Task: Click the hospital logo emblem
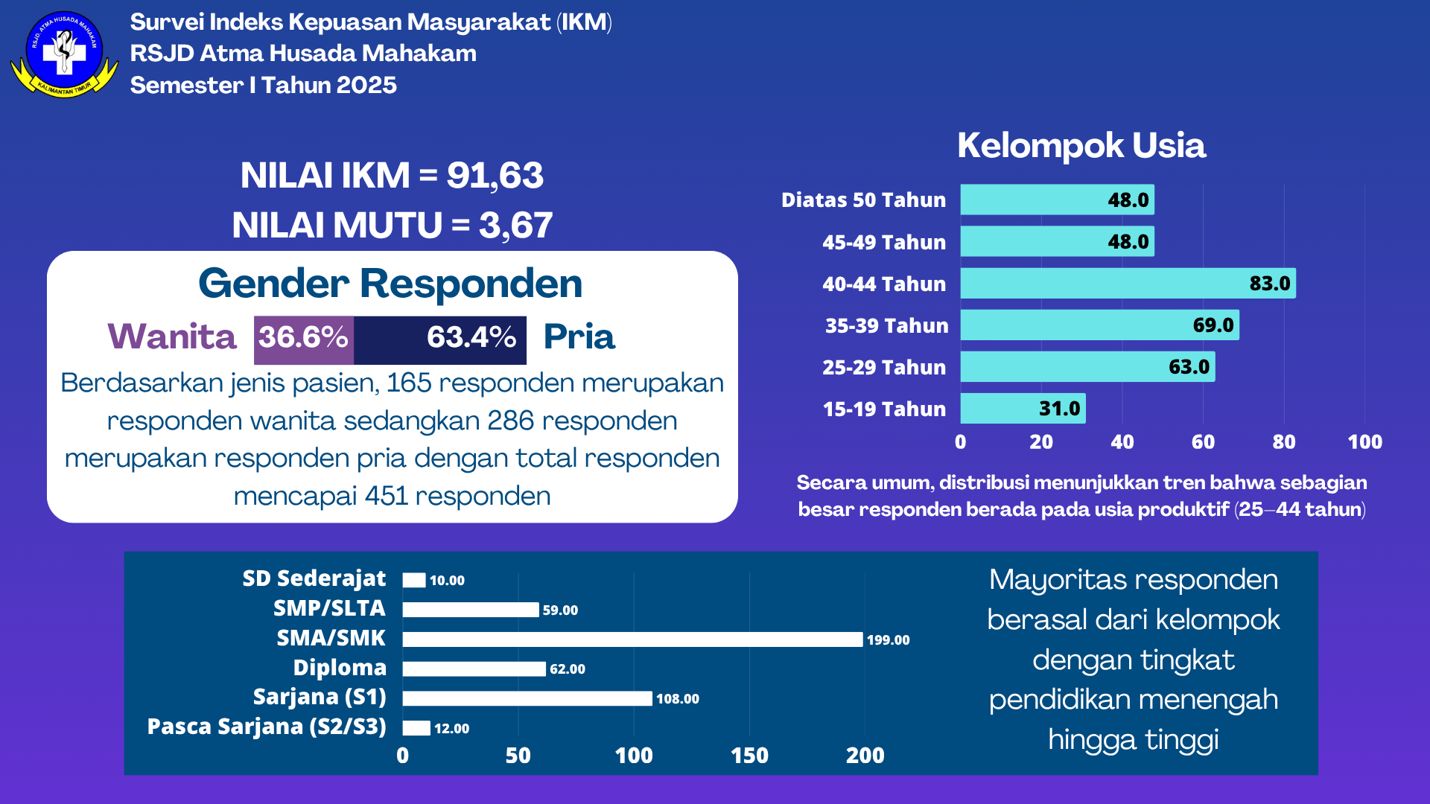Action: tap(64, 54)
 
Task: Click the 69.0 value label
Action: tap(1213, 325)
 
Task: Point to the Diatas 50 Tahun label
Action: tap(863, 200)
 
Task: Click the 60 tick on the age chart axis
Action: tap(1203, 442)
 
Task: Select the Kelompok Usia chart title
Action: tap(1081, 145)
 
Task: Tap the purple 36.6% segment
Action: tap(303, 339)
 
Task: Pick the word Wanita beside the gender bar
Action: tap(172, 337)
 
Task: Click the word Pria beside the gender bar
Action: tap(579, 337)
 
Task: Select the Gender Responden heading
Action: tap(390, 284)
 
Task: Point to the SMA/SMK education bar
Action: tap(632, 639)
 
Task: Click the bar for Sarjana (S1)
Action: tap(527, 698)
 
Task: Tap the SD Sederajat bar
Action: tap(414, 580)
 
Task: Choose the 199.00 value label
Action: tap(888, 640)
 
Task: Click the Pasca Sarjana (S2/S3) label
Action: tap(267, 727)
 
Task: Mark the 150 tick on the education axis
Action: tap(749, 756)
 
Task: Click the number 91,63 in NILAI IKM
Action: tap(495, 176)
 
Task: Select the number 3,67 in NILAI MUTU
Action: tap(515, 226)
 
